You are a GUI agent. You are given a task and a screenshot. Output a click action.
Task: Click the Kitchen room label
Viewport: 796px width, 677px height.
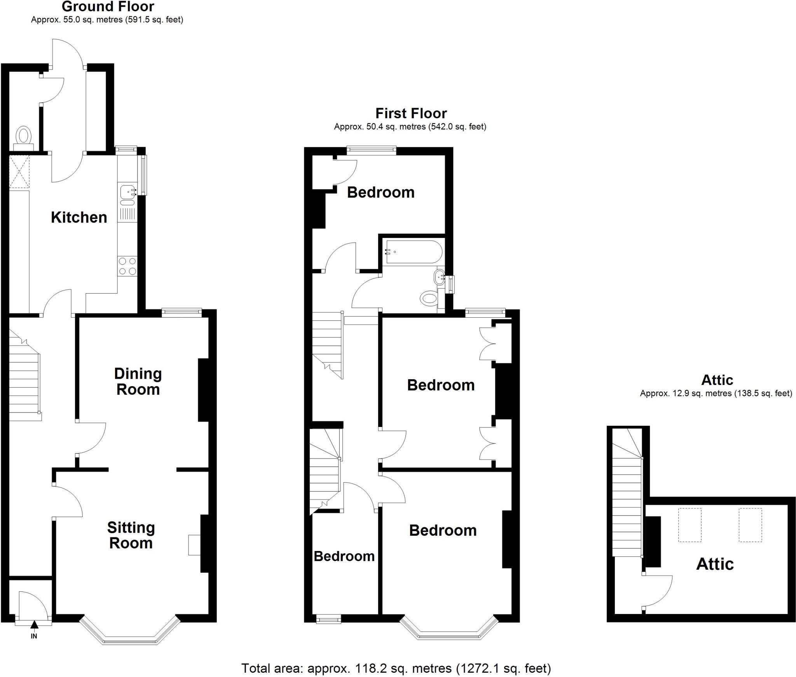(79, 217)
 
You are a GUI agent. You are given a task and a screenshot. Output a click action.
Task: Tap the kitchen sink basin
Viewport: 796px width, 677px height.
(127, 191)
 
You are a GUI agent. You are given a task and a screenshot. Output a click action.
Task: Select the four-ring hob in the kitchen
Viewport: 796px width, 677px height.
(127, 266)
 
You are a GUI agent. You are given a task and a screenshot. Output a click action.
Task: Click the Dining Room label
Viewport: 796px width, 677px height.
(138, 381)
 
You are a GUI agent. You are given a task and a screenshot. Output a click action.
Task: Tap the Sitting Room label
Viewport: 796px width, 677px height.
(131, 535)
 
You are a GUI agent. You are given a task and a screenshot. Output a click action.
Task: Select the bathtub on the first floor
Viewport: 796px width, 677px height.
(412, 252)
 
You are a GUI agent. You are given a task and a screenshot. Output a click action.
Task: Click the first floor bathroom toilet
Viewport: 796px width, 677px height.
(429, 299)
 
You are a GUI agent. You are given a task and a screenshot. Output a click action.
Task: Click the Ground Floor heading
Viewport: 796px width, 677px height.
(108, 7)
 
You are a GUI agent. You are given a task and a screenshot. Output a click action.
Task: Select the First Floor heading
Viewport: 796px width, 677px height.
(411, 114)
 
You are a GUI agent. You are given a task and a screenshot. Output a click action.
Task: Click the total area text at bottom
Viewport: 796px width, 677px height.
(396, 668)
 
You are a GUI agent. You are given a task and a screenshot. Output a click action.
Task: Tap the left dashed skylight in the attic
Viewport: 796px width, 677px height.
(690, 525)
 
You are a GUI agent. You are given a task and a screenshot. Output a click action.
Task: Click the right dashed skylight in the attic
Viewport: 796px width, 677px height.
(750, 525)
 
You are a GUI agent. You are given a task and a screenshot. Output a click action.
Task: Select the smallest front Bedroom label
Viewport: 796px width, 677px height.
(344, 556)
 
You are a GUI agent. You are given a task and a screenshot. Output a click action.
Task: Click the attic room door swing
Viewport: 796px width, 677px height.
(657, 591)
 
